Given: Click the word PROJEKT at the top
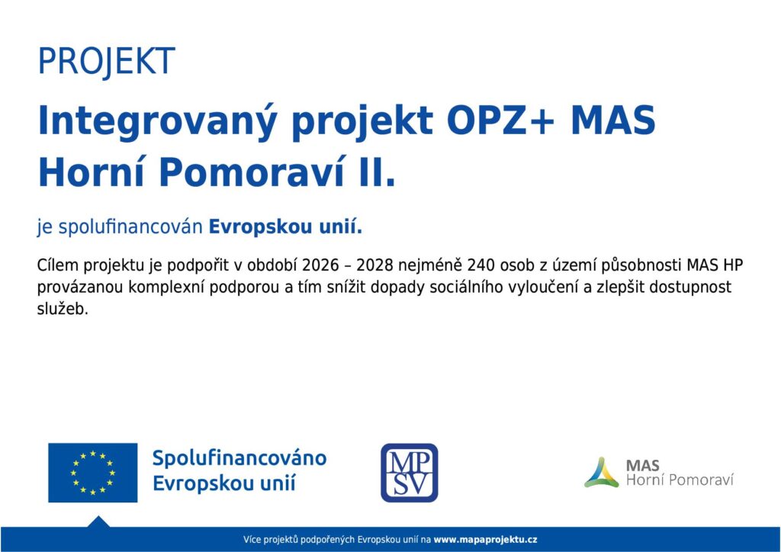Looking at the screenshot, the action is point(107,62).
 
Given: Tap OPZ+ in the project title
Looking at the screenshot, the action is point(500,120).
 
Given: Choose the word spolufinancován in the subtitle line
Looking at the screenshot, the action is point(130,227).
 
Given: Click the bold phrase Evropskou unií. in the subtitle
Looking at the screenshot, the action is point(285,227).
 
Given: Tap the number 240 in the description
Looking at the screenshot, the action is point(480,265).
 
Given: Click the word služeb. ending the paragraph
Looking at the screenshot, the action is point(63,309).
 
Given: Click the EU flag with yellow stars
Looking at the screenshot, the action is point(92,473).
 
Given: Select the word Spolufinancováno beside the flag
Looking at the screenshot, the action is point(239,458).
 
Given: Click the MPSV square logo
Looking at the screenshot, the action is point(410,473).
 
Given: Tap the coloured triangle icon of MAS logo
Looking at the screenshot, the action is point(602,473).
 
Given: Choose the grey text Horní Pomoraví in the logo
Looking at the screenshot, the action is point(680,480).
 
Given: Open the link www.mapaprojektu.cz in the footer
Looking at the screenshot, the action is point(485,540).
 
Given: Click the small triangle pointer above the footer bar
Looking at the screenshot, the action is point(98,522).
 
